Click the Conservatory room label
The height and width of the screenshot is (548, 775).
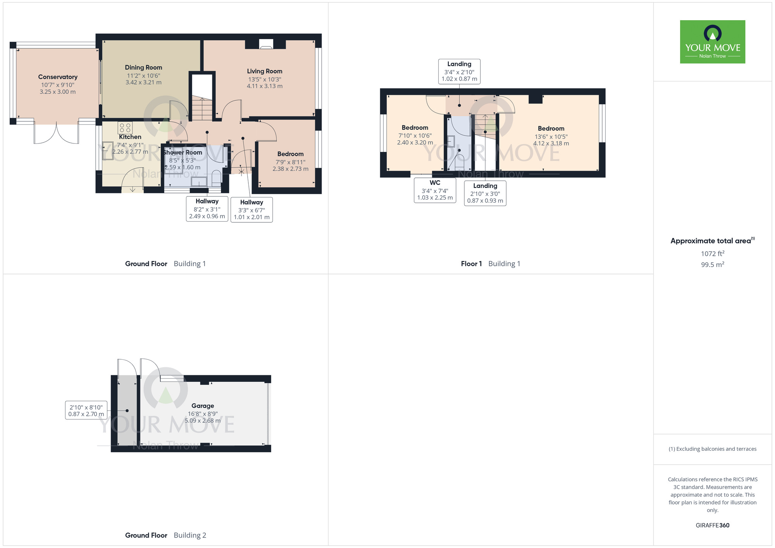(58, 77)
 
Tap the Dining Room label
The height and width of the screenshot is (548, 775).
(143, 67)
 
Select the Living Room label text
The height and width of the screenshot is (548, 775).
(265, 71)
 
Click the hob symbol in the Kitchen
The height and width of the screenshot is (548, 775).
(125, 128)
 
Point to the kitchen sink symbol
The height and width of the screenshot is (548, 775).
(107, 152)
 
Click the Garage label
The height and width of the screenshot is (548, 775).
(203, 406)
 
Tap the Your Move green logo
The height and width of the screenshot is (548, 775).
(712, 42)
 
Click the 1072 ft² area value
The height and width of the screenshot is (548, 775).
(712, 253)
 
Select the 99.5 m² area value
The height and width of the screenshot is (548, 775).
(712, 265)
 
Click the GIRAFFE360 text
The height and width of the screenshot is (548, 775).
(712, 526)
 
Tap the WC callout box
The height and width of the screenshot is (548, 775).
(435, 190)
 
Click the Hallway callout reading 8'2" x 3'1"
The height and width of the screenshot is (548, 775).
(207, 209)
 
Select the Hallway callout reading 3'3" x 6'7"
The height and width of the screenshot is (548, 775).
(251, 210)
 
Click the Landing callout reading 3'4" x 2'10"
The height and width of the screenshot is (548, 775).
(459, 71)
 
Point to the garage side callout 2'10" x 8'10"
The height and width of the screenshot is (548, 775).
(86, 410)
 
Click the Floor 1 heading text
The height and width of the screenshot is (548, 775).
(471, 264)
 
